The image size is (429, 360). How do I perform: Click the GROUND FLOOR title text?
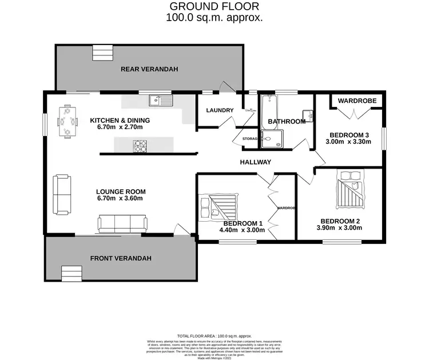pos(214,6)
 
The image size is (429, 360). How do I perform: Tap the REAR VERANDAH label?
pos(149,69)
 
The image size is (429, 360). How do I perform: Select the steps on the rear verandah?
pos(103,53)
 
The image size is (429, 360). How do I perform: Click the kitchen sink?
pos(161,101)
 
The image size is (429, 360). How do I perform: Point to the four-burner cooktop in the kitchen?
pos(141,147)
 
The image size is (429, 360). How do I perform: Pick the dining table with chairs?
pos(67,121)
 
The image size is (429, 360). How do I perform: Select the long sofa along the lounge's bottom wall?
pos(121,222)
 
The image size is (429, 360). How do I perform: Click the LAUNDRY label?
pos(220,110)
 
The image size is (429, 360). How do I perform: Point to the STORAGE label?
pos(249,139)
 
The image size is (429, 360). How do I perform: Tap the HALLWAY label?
pos(255,162)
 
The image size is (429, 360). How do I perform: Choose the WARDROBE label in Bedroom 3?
pos(357,101)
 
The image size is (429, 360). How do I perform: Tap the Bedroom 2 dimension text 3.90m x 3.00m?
pos(340,228)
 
